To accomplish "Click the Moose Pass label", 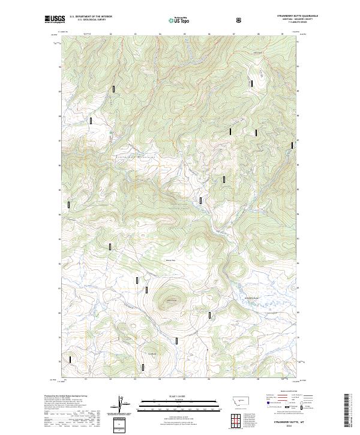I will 170,260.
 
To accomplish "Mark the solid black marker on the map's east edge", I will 293,145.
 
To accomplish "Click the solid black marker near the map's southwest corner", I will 70,360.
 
